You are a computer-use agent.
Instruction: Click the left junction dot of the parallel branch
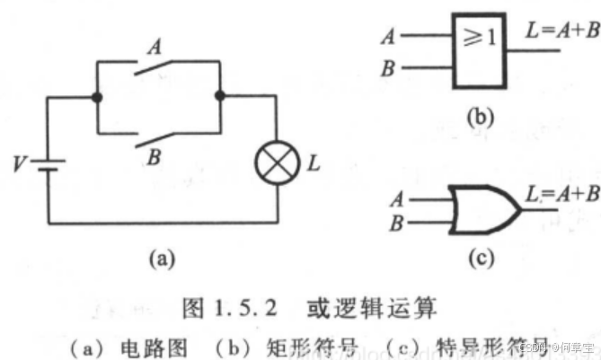pos(97,95)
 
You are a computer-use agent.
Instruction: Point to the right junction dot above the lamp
pos(219,95)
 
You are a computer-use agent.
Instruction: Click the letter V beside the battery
pos(18,164)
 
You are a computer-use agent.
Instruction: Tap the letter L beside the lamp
pos(311,164)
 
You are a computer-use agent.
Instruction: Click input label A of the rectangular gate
pos(388,37)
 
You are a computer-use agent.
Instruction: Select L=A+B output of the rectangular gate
pos(556,31)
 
